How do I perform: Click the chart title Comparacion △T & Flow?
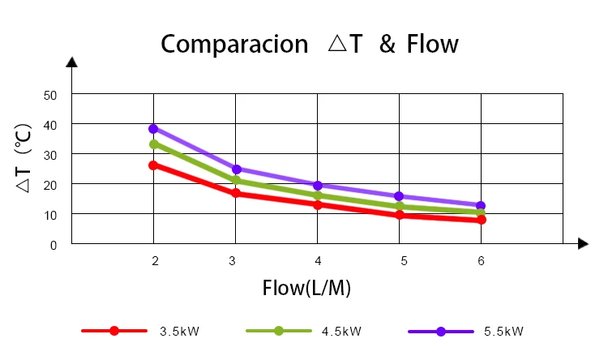tap(309, 44)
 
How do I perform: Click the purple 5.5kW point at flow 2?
tap(153, 128)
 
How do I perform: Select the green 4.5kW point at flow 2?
tap(153, 144)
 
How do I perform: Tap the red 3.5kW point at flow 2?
tap(153, 165)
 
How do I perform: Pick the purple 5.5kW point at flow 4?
tap(318, 186)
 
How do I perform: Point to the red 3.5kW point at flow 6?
tap(482, 220)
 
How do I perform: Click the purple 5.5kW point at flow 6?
tap(482, 206)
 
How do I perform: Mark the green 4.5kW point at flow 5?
tap(400, 207)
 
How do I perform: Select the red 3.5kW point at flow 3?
tap(236, 193)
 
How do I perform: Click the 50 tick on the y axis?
tap(51, 95)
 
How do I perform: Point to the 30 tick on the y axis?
tap(51, 154)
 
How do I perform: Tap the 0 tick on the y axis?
tap(54, 244)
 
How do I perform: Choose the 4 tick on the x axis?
tap(318, 260)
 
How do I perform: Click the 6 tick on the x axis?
tap(482, 260)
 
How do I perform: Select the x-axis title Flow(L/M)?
tap(306, 288)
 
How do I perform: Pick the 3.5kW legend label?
tap(179, 331)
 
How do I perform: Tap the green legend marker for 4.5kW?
tap(278, 331)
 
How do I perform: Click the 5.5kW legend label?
tap(503, 331)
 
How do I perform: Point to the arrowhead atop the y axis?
tap(72, 62)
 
